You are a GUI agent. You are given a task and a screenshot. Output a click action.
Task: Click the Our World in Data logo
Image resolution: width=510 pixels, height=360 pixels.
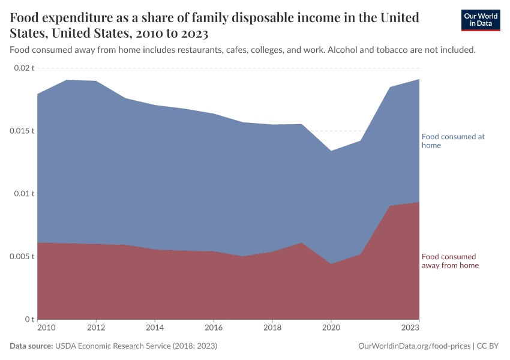tap(480, 20)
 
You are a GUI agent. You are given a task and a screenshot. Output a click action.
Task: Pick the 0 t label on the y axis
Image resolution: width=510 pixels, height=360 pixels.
tap(29, 319)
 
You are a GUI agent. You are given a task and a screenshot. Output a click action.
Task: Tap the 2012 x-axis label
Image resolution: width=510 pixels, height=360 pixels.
tap(96, 328)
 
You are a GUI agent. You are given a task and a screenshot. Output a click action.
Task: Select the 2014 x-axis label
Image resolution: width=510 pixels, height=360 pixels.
tap(155, 328)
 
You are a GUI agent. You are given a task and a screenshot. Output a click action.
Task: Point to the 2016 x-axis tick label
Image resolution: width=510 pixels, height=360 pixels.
tap(214, 328)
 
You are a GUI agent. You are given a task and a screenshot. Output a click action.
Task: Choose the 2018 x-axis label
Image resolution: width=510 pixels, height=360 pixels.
tap(272, 328)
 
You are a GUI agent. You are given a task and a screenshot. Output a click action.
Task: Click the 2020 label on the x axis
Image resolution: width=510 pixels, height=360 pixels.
tap(331, 328)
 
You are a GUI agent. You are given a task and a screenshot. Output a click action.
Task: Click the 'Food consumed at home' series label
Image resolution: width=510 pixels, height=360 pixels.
tap(453, 141)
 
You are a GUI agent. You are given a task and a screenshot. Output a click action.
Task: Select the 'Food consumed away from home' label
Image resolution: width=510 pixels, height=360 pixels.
tap(450, 261)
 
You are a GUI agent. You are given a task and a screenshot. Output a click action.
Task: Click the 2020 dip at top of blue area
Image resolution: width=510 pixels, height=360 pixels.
tap(331, 151)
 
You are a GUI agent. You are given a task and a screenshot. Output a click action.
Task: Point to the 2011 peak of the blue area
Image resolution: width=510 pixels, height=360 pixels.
tap(67, 80)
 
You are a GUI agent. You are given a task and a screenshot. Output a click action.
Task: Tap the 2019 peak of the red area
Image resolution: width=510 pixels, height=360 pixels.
tap(302, 243)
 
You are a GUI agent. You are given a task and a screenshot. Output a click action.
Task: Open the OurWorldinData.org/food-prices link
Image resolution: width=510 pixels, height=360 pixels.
tap(414, 346)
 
